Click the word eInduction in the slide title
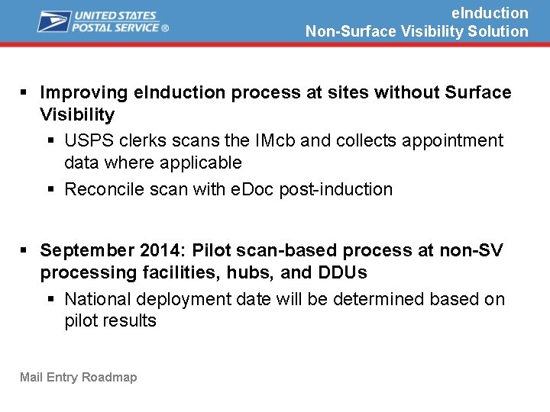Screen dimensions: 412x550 (x=490, y=13)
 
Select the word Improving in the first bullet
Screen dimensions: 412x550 (x=84, y=92)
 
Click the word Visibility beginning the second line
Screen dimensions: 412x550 (x=77, y=115)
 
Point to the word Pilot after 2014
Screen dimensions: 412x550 (x=212, y=250)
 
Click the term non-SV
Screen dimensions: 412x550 (x=469, y=250)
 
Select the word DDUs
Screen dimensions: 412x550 (x=342, y=272)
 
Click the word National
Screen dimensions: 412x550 (x=95, y=299)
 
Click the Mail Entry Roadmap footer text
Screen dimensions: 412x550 (x=79, y=377)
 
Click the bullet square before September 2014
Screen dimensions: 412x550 (x=24, y=250)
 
